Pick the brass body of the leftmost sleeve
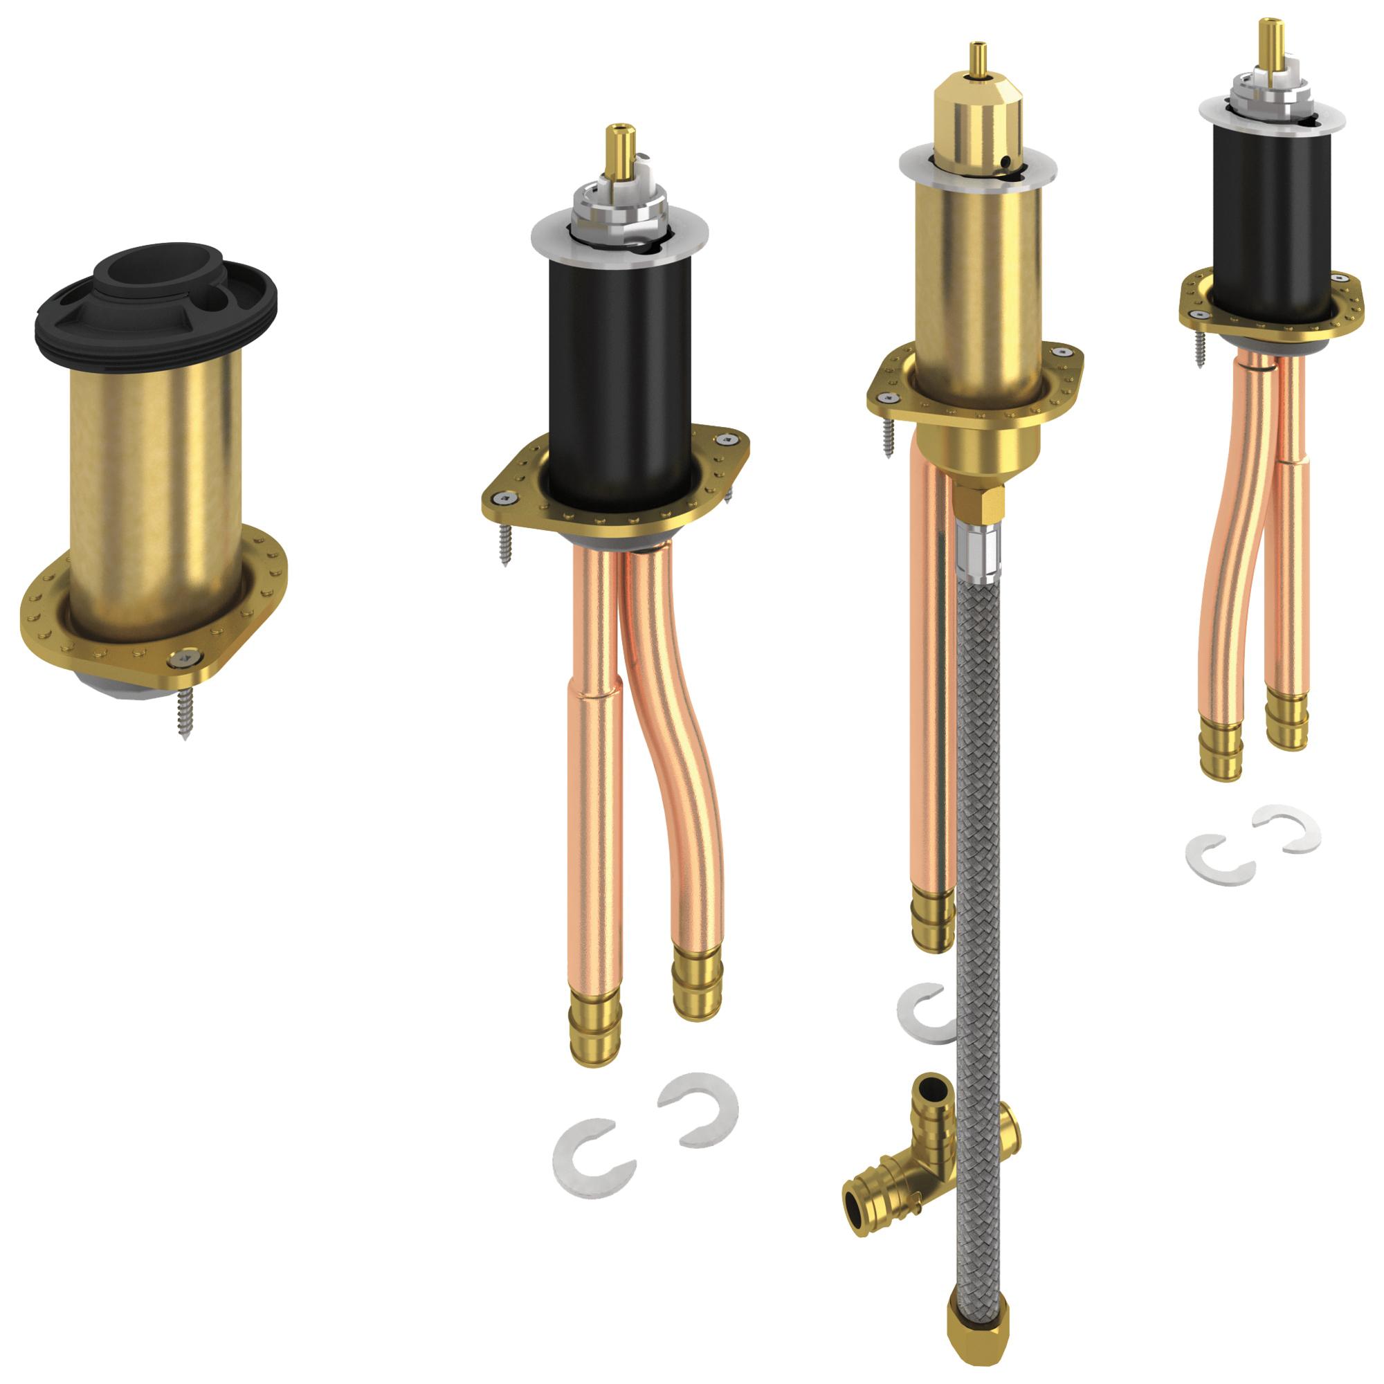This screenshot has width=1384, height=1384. [155, 487]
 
